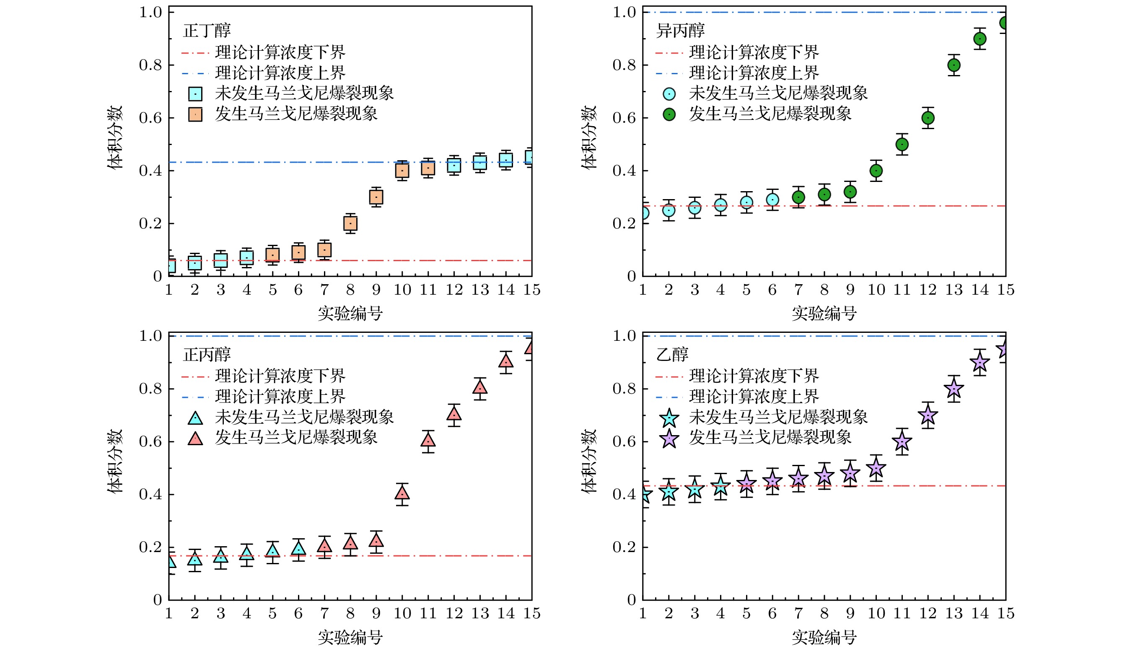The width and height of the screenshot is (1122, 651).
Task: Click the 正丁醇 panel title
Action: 207,31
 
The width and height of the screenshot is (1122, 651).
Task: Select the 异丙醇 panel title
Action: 680,31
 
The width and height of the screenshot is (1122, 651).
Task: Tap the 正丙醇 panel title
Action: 207,355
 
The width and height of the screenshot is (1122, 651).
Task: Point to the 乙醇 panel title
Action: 672,355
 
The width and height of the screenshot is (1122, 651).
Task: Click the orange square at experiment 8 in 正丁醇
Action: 350,223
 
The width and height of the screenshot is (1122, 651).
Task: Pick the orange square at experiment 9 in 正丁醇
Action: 376,197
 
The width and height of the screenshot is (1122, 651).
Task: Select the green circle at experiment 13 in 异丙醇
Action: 954,65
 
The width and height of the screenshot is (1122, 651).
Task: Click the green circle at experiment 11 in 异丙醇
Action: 902,145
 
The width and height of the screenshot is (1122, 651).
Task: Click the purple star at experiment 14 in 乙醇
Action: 979,363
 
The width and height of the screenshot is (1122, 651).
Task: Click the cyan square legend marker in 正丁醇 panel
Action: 195,94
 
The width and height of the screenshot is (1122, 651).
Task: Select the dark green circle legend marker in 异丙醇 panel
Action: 669,114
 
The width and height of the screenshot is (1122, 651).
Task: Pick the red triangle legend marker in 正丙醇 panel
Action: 195,438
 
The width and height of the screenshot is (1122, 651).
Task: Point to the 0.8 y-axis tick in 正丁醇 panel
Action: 150,65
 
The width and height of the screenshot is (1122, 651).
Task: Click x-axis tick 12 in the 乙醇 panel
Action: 928,614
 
